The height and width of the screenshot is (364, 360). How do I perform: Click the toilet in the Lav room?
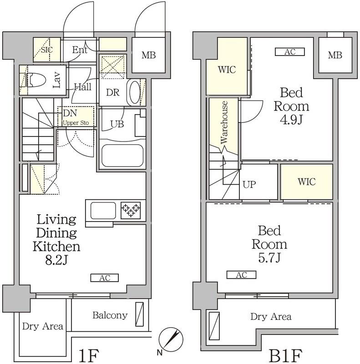click(x=35, y=80)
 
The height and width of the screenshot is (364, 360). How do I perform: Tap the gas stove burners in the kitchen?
click(x=131, y=210)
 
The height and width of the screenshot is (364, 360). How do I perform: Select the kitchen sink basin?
click(x=103, y=211)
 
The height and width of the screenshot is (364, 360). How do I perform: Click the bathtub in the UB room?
click(x=122, y=156)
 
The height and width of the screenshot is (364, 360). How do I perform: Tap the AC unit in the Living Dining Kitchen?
click(x=105, y=278)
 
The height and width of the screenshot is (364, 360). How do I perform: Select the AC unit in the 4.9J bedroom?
click(x=289, y=52)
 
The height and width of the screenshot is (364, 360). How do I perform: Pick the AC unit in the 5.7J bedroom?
click(x=241, y=275)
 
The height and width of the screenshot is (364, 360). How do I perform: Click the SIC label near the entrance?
click(x=47, y=50)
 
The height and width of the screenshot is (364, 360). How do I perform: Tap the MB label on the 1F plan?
click(x=149, y=55)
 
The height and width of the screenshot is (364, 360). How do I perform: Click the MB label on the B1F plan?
click(x=335, y=55)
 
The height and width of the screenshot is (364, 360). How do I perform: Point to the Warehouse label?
click(x=224, y=122)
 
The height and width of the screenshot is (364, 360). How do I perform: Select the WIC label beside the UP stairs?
click(x=307, y=182)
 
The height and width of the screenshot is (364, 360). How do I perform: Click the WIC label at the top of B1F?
click(x=227, y=70)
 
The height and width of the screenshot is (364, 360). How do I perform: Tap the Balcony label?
click(x=110, y=315)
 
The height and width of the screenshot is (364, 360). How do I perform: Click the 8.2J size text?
click(x=56, y=260)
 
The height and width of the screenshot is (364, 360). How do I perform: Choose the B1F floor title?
click(x=285, y=355)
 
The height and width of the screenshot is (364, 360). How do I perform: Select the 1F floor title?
click(x=89, y=355)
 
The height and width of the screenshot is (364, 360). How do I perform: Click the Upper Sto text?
click(x=76, y=123)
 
